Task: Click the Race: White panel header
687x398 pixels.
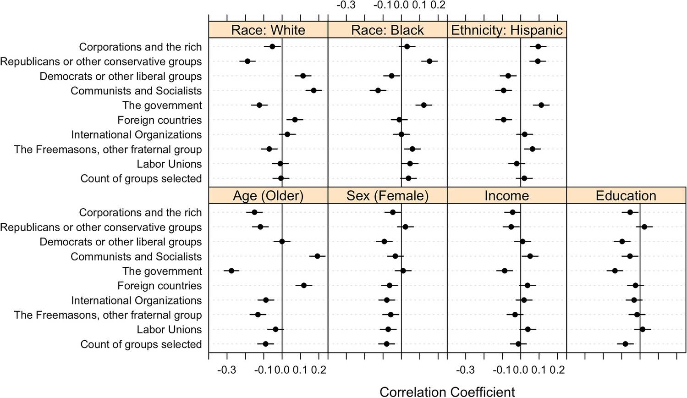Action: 268,30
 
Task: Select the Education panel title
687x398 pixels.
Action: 626,196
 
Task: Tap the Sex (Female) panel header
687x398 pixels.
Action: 387,196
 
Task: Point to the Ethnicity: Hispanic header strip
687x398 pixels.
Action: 507,30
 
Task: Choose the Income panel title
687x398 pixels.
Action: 507,196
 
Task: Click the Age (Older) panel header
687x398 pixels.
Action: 268,196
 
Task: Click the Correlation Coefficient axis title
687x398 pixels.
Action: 447,392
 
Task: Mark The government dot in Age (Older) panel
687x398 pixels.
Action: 231,271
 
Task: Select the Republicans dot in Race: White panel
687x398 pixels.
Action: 247,61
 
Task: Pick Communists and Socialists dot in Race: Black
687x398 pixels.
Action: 378,90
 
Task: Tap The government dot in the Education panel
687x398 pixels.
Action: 615,271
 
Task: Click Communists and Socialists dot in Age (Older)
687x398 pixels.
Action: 317,256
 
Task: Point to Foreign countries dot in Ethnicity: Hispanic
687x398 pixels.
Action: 504,120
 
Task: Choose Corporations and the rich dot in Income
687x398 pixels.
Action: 513,212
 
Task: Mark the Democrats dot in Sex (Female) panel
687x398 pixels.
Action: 385,242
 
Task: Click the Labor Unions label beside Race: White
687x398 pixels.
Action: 169,164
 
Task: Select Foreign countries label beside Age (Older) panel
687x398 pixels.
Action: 159,286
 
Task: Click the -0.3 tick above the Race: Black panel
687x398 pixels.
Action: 346,5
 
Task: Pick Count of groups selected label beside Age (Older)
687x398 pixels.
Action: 141,344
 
